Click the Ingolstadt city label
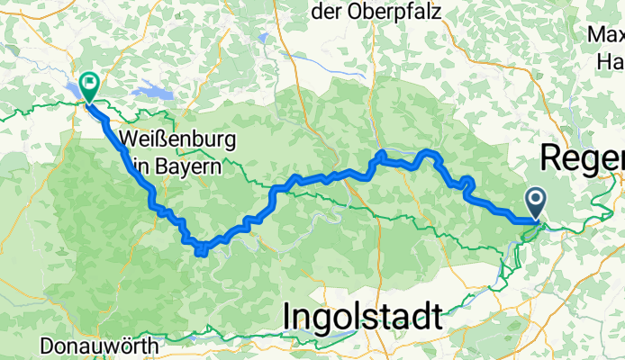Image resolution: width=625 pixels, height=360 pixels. point(362,317)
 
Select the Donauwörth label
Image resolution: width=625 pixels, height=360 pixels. point(100,346)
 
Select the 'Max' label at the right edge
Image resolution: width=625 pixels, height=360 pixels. point(606,35)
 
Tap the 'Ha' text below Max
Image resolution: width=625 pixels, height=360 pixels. point(611,61)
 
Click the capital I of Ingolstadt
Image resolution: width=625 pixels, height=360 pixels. point(289,317)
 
